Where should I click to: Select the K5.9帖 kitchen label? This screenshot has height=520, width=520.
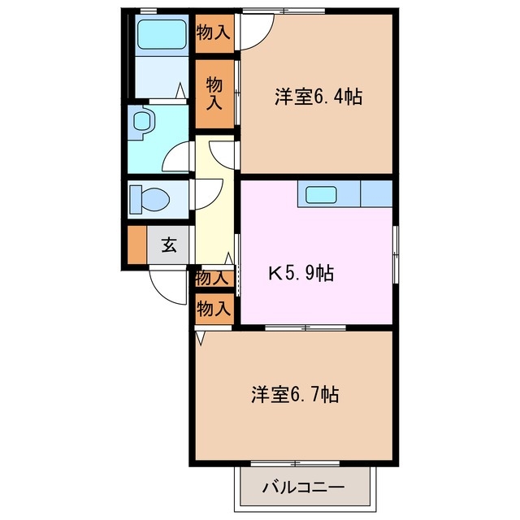[x=301, y=273]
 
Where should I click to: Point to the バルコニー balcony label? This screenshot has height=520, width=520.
[x=303, y=489]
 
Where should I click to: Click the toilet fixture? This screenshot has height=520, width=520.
[x=149, y=198]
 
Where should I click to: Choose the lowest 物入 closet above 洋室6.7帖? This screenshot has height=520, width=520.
[x=214, y=308]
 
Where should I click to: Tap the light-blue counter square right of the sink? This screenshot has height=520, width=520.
[x=376, y=194]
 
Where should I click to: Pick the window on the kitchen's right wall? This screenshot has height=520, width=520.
[x=396, y=252]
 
